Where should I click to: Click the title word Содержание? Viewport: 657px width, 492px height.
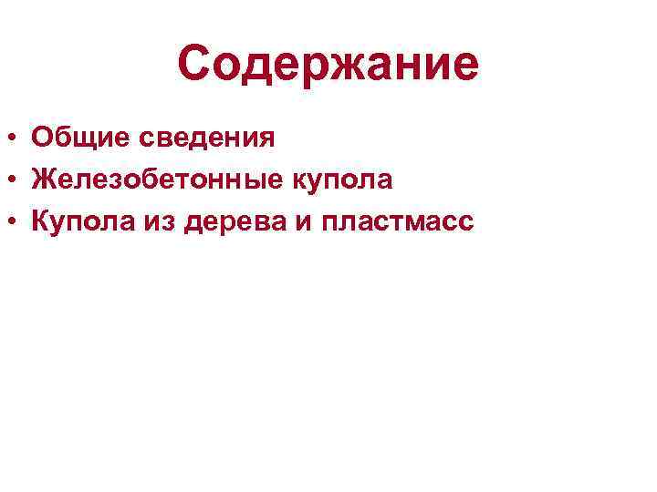coord(328,64)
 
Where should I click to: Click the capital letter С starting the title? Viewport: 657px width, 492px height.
coord(195,64)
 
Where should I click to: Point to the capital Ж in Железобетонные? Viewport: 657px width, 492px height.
coord(44,180)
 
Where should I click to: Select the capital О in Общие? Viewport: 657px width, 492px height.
coord(41,138)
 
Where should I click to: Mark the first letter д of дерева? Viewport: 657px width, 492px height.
coord(193,223)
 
